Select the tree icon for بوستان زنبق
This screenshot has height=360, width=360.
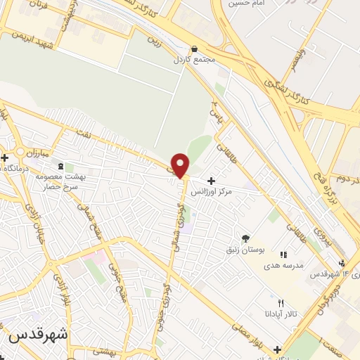click(x=245, y=238)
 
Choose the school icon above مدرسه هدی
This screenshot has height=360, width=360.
click(x=283, y=255)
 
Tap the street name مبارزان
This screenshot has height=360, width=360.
click(x=31, y=152)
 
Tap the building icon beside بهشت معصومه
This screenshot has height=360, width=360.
click(x=60, y=166)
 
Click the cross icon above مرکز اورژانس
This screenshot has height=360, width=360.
click(x=211, y=181)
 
